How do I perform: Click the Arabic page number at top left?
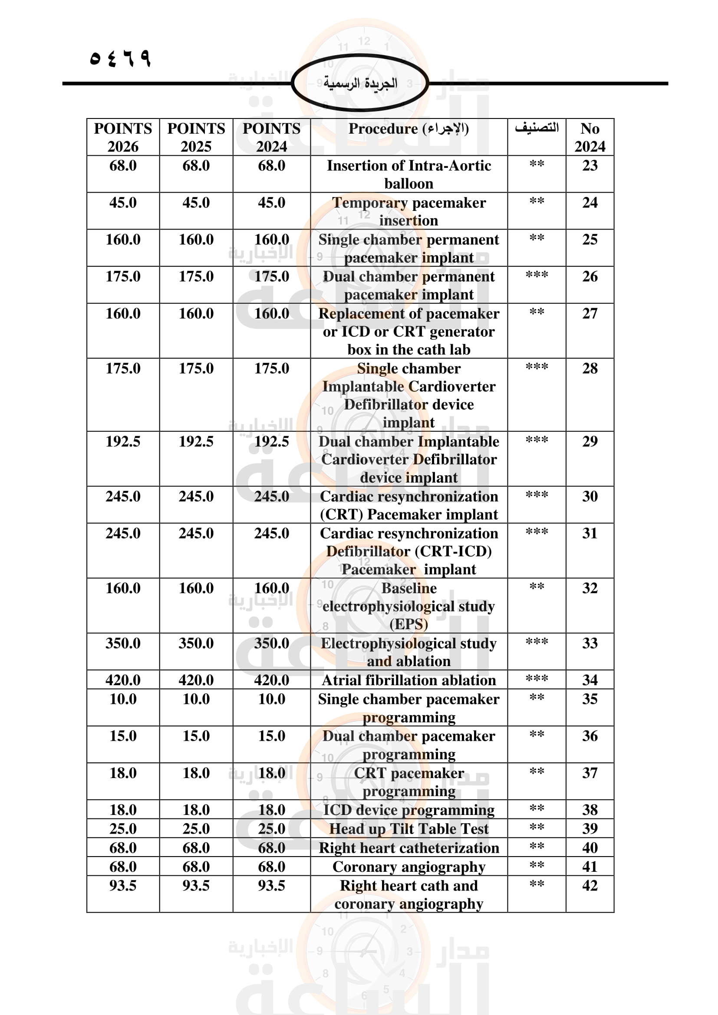pos(120,58)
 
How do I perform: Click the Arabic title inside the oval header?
pos(360,83)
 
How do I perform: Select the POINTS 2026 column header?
pos(123,137)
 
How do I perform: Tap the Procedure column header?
pos(408,128)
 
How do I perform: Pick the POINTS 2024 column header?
pos(271,137)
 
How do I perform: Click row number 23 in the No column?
pos(590,166)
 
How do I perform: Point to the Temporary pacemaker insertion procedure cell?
pos(408,211)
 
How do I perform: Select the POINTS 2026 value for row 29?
pos(123,442)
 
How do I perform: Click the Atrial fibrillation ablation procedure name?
pos(408,680)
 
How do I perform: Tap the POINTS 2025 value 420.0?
pos(196,680)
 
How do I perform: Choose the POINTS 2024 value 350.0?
pos(271,643)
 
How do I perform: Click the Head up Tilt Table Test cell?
pos(408,829)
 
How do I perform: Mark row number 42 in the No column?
pos(590,886)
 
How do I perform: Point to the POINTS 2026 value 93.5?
pos(123,886)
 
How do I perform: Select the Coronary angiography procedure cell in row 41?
pos(408,867)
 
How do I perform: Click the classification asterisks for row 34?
pos(536,679)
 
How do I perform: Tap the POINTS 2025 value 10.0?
pos(196,700)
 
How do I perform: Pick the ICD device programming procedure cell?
pos(408,810)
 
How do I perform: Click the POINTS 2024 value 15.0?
pos(271,736)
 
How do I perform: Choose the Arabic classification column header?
pos(536,128)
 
